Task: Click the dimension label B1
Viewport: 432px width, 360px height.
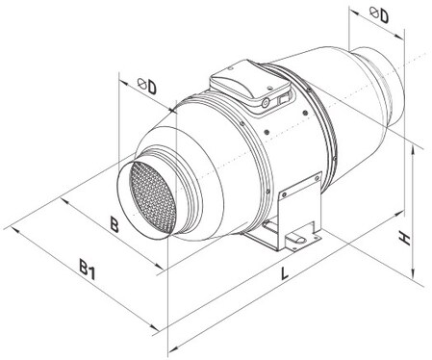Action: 88,270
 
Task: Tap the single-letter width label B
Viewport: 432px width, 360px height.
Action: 114,224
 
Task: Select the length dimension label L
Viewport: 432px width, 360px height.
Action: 284,273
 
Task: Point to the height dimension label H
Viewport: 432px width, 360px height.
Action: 405,240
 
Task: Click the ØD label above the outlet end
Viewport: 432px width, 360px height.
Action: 379,14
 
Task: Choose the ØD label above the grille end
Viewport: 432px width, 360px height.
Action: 147,86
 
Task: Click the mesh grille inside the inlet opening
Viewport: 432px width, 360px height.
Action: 153,197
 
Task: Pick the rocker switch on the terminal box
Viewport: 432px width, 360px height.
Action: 283,99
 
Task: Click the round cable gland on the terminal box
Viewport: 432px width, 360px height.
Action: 266,103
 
